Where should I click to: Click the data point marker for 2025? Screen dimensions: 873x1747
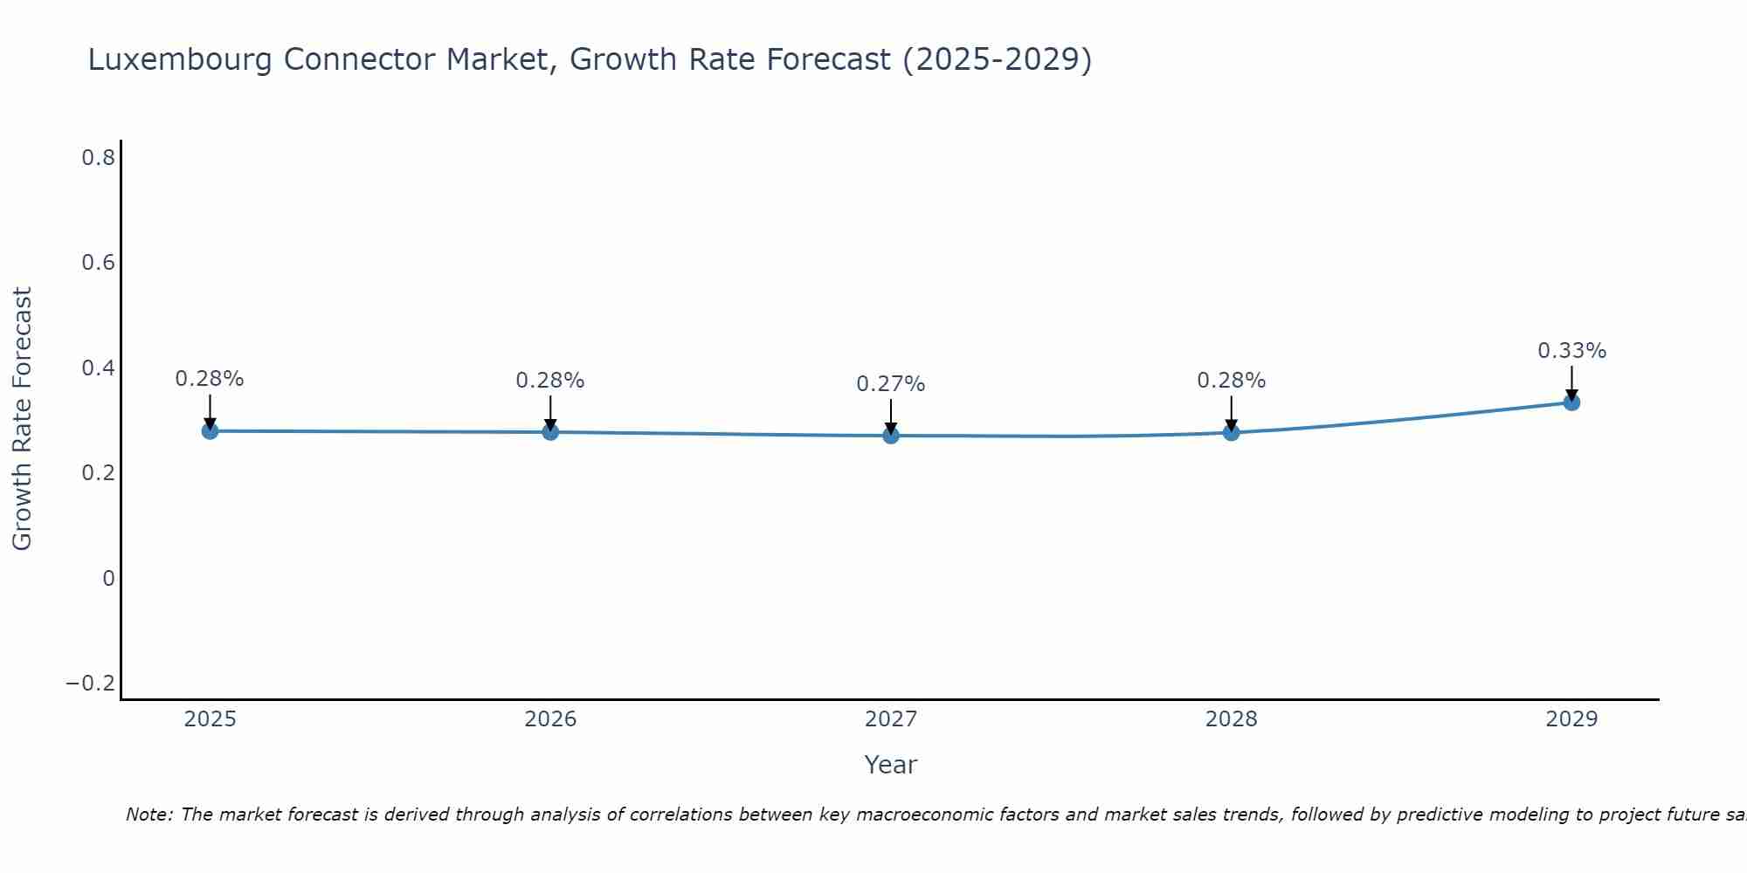pos(210,430)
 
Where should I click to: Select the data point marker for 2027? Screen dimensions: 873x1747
pos(891,435)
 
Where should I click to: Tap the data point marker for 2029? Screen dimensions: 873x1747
pos(1571,402)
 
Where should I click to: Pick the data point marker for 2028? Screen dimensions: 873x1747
pos(1232,432)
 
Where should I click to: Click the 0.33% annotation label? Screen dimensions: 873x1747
pos(1571,351)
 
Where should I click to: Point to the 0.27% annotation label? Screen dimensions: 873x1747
pos(890,384)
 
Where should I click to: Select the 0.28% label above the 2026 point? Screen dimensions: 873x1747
pos(549,381)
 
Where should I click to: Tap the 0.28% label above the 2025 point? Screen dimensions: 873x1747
pos(210,379)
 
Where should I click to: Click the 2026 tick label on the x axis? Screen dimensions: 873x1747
pos(550,719)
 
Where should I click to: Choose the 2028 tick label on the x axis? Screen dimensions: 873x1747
pos(1231,719)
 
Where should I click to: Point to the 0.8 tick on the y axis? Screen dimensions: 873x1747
pos(99,158)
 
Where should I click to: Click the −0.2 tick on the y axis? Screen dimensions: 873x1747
pos(91,683)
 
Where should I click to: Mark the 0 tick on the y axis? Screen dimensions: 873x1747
pos(108,578)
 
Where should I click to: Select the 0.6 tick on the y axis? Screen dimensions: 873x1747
pos(99,263)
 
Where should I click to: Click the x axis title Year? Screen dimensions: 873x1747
pos(890,765)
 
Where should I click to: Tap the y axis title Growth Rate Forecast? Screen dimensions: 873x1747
pos(22,419)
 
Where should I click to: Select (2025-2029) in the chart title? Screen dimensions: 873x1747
pos(997,60)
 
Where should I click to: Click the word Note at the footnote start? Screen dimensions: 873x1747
pos(148,815)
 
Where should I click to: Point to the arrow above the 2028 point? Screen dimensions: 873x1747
pos(1232,412)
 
